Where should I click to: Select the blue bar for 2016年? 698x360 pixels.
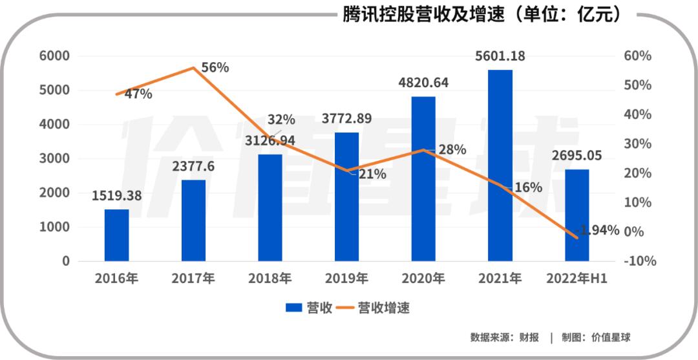pyautogui.click(x=116, y=235)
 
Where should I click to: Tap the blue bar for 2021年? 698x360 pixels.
pyautogui.click(x=500, y=165)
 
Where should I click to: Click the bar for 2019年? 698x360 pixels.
pyautogui.click(x=346, y=197)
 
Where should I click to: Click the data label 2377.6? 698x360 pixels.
pyautogui.click(x=193, y=166)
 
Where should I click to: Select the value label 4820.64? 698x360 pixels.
pyautogui.click(x=423, y=83)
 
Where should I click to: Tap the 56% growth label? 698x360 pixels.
pyautogui.click(x=215, y=67)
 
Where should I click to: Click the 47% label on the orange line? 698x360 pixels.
pyautogui.click(x=138, y=94)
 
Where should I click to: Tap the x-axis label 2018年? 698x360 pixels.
pyautogui.click(x=270, y=279)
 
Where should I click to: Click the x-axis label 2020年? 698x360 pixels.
pyautogui.click(x=423, y=279)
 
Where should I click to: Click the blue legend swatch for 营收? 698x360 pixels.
pyautogui.click(x=295, y=308)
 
